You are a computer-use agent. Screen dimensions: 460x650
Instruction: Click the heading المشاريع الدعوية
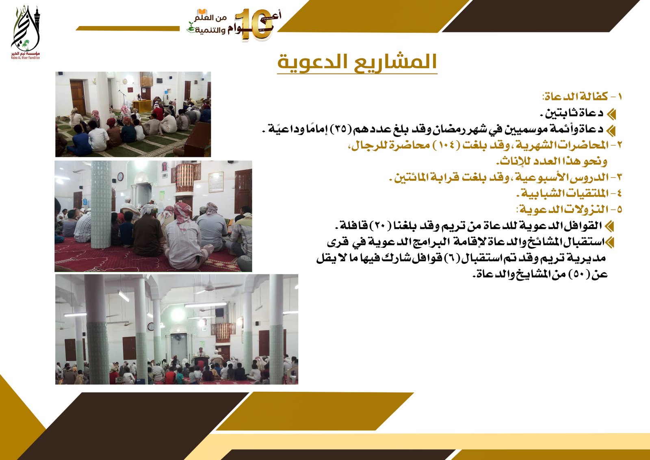click(x=357, y=62)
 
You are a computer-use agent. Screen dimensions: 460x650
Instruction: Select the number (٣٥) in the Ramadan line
click(x=340, y=129)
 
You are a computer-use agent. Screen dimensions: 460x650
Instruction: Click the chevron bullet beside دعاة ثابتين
click(x=611, y=114)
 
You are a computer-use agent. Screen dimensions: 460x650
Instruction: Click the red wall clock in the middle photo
click(x=120, y=176)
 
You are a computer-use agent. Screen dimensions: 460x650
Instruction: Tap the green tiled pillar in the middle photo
click(x=101, y=203)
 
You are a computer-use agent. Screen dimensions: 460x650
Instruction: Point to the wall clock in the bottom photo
click(x=150, y=326)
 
